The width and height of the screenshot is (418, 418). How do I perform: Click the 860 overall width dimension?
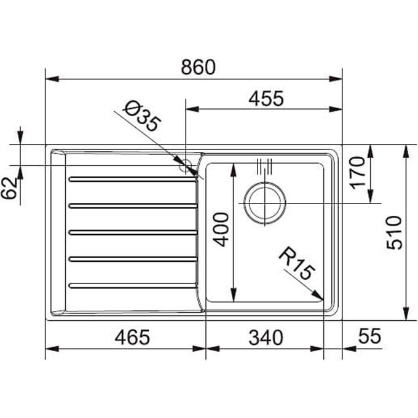198,67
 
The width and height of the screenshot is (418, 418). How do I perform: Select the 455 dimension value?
266,98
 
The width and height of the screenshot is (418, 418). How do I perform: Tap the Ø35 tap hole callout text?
142,116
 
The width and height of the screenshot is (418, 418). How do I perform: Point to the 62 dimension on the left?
9,189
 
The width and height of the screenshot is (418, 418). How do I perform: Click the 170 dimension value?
357,173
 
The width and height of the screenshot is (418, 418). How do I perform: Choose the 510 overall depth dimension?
394,232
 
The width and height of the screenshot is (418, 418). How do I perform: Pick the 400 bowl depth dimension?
221,229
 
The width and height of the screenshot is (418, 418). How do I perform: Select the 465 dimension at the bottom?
132,337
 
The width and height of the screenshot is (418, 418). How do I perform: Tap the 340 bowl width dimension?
266,337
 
